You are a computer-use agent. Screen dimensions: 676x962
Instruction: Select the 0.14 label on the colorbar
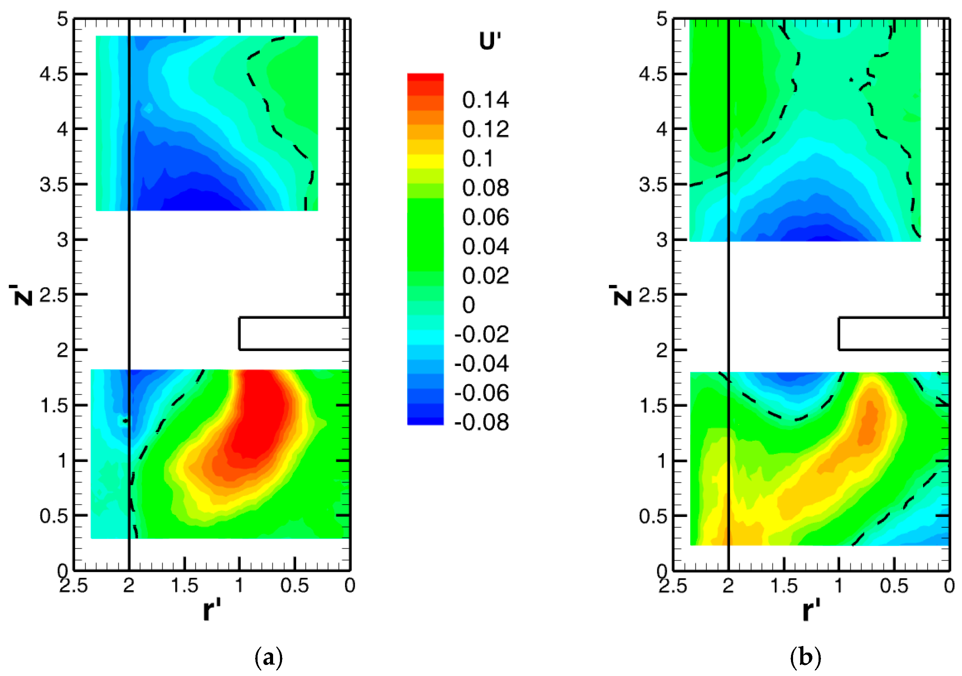coord(485,100)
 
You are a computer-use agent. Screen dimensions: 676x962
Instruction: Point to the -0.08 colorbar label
coord(481,422)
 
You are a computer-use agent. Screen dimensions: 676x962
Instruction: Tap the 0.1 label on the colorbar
coord(478,159)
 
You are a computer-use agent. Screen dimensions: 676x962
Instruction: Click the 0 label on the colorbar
coord(469,305)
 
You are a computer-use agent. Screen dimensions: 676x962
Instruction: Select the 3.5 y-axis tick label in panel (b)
coord(653,185)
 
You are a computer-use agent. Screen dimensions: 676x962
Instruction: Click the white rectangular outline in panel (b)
coord(893,333)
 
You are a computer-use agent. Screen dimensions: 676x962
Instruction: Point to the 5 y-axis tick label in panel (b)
coord(662,19)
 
